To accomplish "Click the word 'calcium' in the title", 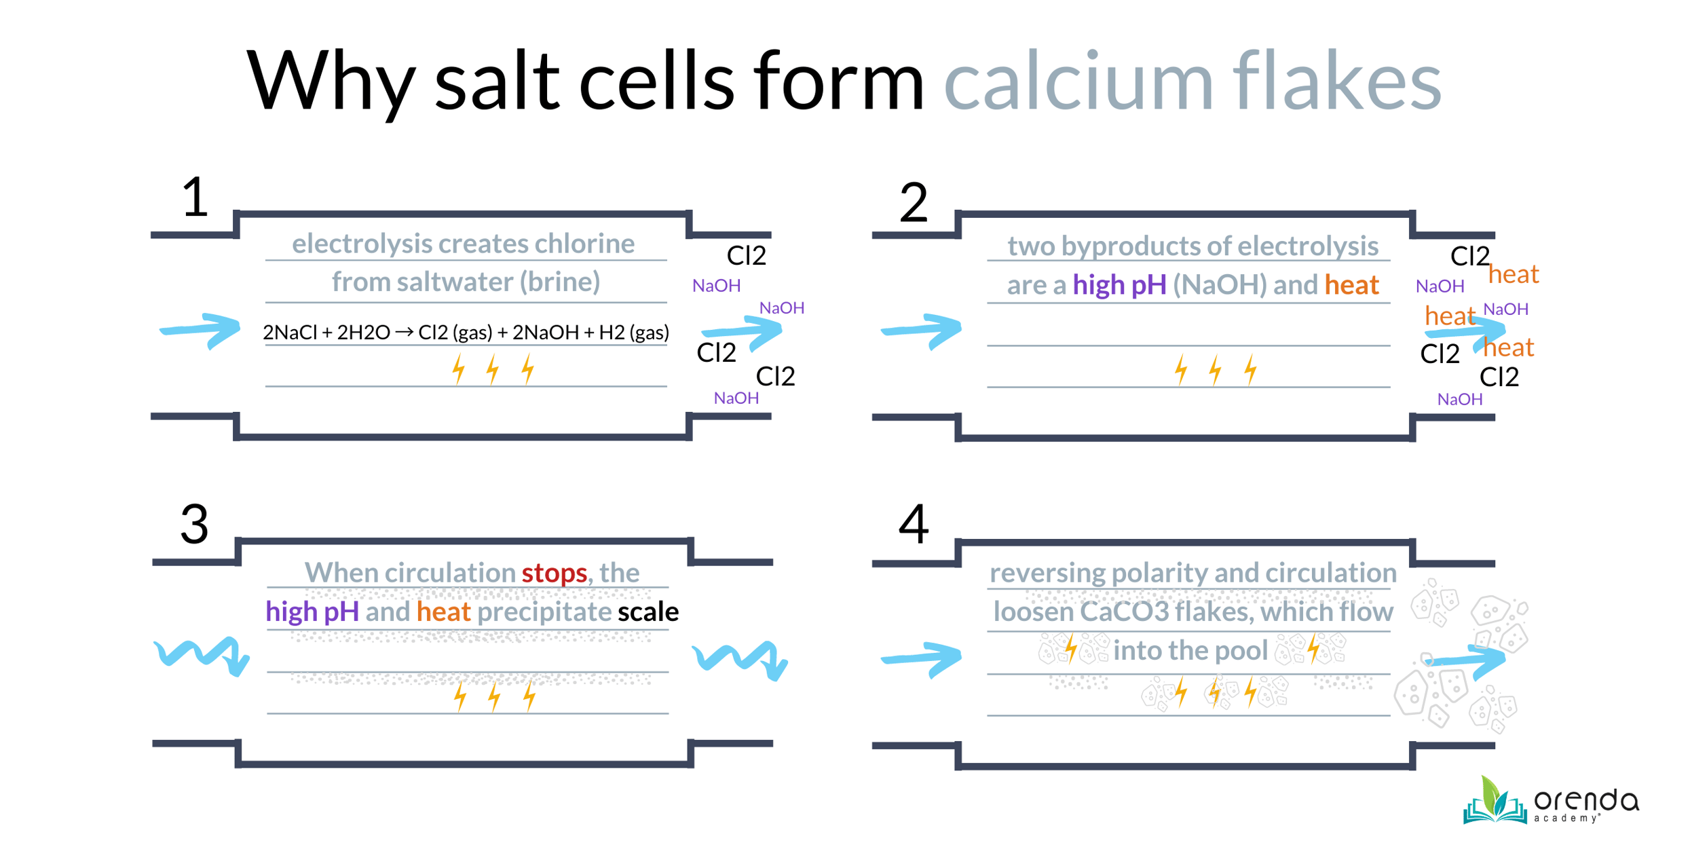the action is [x=1078, y=81].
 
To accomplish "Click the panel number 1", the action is [x=195, y=198].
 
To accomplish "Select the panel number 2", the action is [x=914, y=202].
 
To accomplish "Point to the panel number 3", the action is [x=195, y=524].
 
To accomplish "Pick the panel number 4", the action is [x=914, y=524].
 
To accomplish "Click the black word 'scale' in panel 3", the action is [x=648, y=612].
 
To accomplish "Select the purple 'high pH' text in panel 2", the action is [x=1120, y=285].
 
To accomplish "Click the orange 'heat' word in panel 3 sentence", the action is [x=443, y=612].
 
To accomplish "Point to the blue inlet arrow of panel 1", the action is [x=200, y=331].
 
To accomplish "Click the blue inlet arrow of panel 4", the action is [x=922, y=658].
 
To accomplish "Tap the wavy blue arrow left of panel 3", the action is [x=202, y=656].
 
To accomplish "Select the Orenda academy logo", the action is [x=1552, y=801].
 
